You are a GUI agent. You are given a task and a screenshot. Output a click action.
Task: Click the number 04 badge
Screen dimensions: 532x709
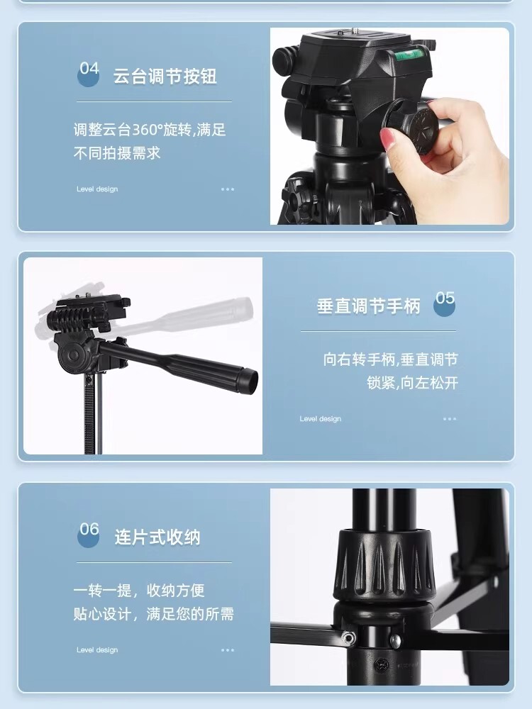point(89,73)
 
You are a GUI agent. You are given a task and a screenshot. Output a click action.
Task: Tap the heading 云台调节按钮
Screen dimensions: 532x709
point(165,76)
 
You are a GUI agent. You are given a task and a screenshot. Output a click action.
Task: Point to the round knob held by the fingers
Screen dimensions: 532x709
point(417,128)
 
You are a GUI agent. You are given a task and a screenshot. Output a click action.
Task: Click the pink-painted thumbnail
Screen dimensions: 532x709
point(387,139)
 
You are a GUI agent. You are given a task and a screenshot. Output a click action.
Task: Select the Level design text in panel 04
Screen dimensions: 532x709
point(97,189)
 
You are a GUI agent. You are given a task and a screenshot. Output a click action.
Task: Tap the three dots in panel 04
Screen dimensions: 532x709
point(228,189)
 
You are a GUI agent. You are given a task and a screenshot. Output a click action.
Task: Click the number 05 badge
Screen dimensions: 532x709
point(445,303)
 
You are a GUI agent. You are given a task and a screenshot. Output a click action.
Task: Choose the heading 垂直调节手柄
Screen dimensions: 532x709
point(369,306)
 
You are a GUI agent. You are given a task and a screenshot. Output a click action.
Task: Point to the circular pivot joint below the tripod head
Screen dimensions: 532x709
point(73,354)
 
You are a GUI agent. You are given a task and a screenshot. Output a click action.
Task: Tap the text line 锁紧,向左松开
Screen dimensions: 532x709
point(413,383)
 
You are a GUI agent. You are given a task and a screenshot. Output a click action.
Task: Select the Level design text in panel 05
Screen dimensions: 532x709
point(321,419)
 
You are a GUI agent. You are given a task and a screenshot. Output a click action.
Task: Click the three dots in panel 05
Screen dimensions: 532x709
point(450,419)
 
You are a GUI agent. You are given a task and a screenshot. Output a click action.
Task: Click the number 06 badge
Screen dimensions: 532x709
point(89,534)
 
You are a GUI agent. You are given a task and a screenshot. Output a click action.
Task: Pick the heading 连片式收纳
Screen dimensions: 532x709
point(157,537)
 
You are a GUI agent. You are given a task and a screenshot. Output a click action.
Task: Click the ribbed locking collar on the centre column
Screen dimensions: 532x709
point(384,563)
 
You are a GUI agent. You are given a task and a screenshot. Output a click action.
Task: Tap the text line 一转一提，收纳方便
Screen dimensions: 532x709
point(139,591)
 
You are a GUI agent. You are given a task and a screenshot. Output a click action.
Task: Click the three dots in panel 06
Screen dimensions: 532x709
point(228,650)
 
